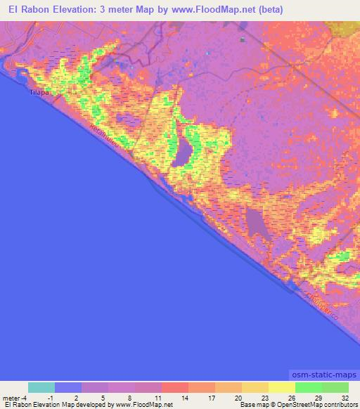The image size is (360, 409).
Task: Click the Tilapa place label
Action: pos(37,92)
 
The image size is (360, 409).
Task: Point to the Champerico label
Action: pos(321,308)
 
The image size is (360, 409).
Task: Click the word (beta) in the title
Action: pos(268,10)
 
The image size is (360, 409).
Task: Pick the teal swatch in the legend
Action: pos(41,388)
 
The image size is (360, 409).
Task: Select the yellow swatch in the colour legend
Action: pos(281,388)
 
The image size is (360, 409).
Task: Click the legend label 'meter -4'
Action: pos(14,397)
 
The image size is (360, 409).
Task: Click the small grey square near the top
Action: pos(243,40)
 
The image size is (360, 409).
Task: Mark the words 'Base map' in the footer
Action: pos(251,405)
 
